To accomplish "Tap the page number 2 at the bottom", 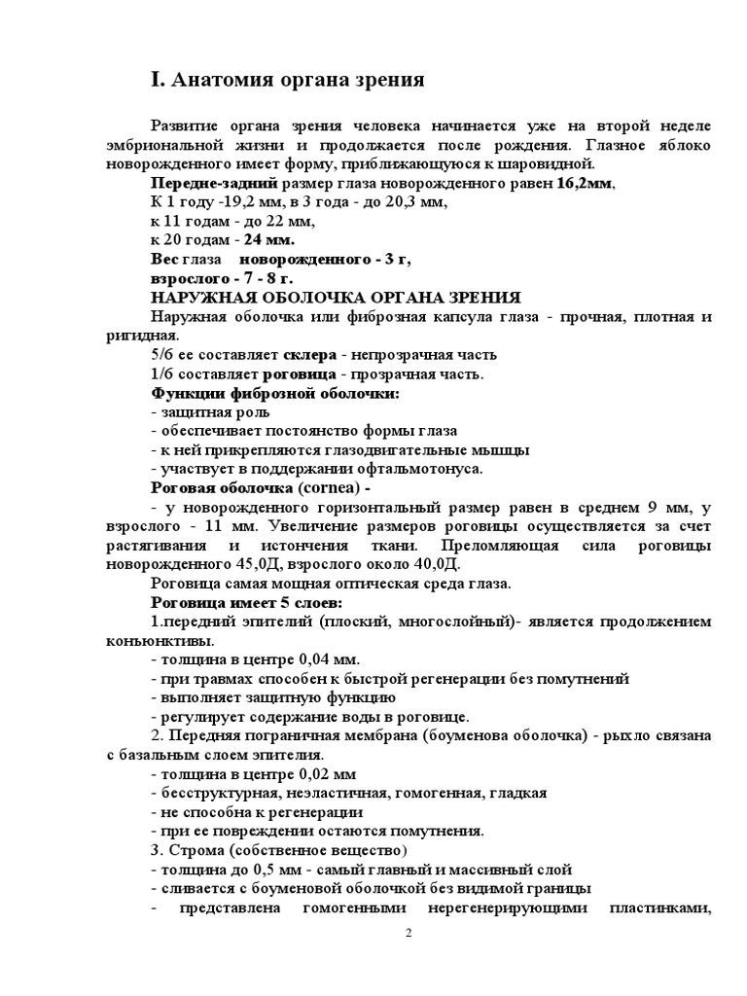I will (x=409, y=935).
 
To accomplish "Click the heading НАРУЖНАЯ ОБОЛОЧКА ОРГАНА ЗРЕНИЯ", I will (x=336, y=297).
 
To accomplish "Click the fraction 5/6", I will (x=162, y=354).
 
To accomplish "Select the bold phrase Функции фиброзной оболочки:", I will (x=275, y=393).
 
